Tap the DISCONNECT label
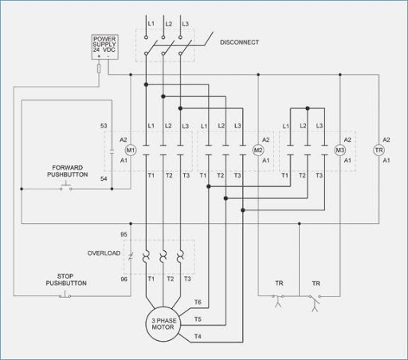coord(239,42)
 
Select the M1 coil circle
coord(131,150)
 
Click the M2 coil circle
coord(258,150)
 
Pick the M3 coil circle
coord(339,150)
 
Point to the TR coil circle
coord(379,150)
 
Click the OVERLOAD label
coord(104,253)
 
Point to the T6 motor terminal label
coord(198,302)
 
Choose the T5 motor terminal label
coord(198,319)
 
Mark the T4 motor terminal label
coord(198,337)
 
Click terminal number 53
coord(104,127)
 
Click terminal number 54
coord(104,179)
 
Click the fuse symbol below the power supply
coord(98,69)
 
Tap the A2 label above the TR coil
coord(386,139)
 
